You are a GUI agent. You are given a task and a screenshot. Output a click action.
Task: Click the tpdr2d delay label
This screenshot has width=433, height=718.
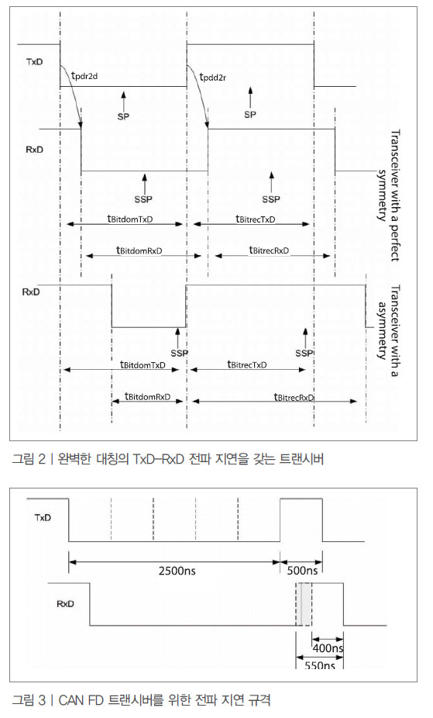tap(85, 75)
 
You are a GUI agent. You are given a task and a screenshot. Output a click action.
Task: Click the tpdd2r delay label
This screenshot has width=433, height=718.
tap(213, 77)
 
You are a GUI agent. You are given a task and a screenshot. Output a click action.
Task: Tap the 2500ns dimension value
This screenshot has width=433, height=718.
tap(177, 571)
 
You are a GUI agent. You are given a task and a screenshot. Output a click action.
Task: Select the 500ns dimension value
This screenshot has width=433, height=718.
tap(302, 571)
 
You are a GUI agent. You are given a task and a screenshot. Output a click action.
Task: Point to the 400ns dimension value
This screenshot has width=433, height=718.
tap(328, 648)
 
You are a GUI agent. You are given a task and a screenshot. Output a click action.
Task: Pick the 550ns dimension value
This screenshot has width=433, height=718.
tap(320, 665)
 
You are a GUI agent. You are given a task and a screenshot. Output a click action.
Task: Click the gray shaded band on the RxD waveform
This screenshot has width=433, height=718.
tap(304, 604)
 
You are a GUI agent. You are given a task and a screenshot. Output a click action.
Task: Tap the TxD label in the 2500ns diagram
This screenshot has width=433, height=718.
tap(43, 518)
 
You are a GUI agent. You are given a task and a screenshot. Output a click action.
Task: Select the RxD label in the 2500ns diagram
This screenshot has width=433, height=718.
tap(65, 604)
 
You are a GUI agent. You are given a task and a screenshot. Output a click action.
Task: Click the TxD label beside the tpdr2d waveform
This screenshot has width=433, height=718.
tap(34, 62)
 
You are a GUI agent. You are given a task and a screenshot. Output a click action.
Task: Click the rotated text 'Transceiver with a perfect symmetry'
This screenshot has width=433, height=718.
tap(389, 195)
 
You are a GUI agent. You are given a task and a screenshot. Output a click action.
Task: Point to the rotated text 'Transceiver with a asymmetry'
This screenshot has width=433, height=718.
tap(389, 331)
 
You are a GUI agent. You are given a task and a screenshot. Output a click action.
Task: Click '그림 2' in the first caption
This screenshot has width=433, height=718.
tap(29, 458)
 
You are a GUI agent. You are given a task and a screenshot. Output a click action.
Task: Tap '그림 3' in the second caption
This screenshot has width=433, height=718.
tap(29, 699)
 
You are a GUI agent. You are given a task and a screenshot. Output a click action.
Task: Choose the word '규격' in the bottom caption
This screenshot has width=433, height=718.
tap(259, 699)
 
